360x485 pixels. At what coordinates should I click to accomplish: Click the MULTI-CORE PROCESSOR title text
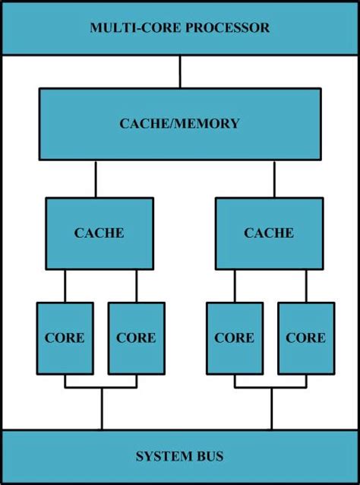point(179,28)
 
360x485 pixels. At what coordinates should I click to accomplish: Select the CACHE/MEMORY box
point(179,124)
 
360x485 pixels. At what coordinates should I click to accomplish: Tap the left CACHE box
point(99,233)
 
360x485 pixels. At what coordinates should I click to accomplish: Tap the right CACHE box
point(269,233)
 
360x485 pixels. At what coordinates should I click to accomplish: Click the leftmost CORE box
point(65,338)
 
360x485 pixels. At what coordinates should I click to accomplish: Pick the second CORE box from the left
point(136,338)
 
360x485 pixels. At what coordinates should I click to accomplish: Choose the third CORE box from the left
point(235,338)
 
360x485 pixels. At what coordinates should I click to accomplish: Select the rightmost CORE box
point(305,338)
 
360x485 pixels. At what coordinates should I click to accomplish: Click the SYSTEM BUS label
point(179,456)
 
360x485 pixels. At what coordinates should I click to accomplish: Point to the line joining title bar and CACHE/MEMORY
point(180,71)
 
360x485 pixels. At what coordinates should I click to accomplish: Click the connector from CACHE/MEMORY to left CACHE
point(96,179)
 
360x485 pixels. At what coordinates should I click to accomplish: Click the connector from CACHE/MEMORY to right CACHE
point(274,179)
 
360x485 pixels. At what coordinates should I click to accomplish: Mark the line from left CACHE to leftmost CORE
point(65,286)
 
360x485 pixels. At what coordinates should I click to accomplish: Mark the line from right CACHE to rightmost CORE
point(306,286)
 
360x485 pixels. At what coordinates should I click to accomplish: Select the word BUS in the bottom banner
point(209,456)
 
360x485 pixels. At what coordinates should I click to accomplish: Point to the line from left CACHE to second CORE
point(137,286)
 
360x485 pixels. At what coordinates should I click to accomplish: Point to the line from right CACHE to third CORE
point(235,286)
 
